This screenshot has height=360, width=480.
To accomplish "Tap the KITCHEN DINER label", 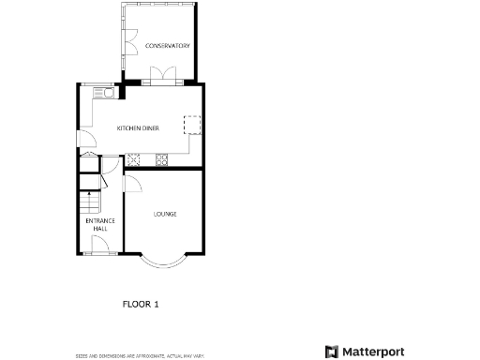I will [137, 127].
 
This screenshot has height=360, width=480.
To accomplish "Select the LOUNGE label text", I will [165, 214].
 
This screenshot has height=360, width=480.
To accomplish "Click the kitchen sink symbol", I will [102, 92].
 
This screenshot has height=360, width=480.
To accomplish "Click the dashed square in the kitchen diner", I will [192, 126].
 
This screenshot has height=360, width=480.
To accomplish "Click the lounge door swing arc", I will [132, 184].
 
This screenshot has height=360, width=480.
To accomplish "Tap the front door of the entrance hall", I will [99, 246].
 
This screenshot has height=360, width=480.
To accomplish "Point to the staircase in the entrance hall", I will [88, 202].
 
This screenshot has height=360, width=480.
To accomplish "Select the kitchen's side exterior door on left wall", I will [82, 142].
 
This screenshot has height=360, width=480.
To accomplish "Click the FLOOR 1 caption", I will [142, 304].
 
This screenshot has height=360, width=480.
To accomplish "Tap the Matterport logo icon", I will [332, 352].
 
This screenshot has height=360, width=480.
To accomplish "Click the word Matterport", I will [372, 352].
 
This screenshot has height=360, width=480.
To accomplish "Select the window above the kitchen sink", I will [102, 83].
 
